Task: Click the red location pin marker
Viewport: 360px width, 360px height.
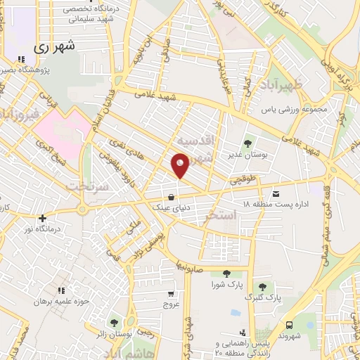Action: [x=181, y=166]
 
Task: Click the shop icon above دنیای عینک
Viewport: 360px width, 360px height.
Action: [x=172, y=198]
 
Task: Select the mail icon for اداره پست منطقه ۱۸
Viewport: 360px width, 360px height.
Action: [x=276, y=193]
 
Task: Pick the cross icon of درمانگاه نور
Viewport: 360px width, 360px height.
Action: [x=44, y=218]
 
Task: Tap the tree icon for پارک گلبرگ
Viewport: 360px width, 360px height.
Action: [x=263, y=287]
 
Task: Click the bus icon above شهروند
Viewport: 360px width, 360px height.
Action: [x=290, y=325]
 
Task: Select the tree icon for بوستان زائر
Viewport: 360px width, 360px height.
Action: [x=114, y=323]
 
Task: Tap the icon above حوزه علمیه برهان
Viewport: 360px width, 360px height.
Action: [x=62, y=290]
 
